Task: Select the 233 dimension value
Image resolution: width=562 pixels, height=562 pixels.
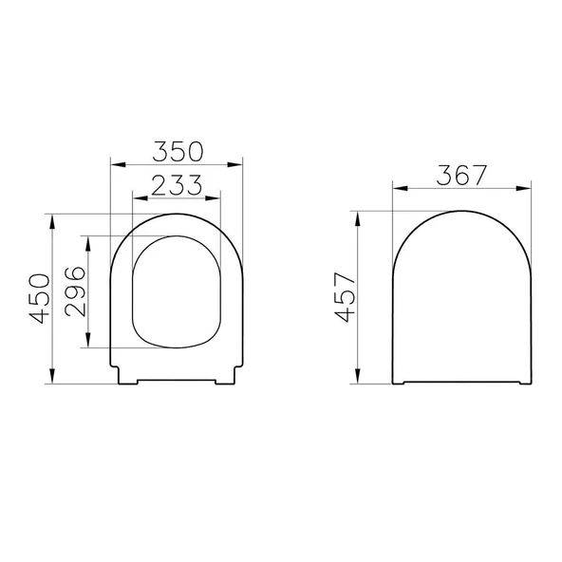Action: tap(176, 185)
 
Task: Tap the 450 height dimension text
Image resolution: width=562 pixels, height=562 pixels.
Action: tap(39, 298)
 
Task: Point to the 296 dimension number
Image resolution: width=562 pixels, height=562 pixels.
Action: tap(76, 291)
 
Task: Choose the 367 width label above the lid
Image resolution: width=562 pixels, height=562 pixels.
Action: tap(461, 175)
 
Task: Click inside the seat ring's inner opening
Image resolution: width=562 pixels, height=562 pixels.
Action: tap(176, 290)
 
